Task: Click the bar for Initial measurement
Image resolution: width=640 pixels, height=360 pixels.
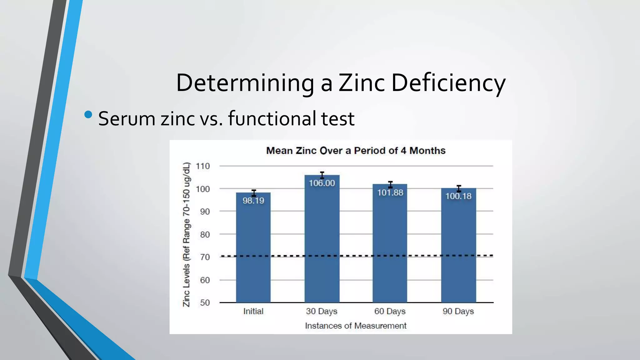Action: click(253, 250)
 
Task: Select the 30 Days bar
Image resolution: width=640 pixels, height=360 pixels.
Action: click(322, 244)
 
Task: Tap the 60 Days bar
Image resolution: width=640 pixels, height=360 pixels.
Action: click(390, 247)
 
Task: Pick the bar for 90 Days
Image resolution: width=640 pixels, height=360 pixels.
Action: click(458, 250)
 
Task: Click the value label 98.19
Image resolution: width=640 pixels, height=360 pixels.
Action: click(253, 201)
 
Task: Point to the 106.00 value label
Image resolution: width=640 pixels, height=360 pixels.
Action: click(322, 183)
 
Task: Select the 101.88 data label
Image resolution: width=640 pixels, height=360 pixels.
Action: click(390, 192)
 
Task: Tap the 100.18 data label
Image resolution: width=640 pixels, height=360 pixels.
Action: click(458, 196)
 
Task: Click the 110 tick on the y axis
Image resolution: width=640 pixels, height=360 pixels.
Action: click(203, 166)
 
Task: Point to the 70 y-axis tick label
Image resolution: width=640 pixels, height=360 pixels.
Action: click(205, 257)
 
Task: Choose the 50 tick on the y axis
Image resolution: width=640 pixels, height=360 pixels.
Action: click(205, 303)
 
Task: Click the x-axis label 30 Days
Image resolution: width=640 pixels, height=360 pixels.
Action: click(322, 311)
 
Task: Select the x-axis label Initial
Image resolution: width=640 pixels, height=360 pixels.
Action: click(253, 311)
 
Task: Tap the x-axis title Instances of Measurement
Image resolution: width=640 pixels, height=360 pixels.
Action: click(356, 326)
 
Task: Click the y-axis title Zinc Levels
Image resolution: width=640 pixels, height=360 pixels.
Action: click(186, 234)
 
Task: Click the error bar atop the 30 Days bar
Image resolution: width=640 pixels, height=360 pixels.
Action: click(322, 175)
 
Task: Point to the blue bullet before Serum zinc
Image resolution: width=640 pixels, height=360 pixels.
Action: click(88, 115)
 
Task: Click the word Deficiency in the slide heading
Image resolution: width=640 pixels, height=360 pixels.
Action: click(448, 83)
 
